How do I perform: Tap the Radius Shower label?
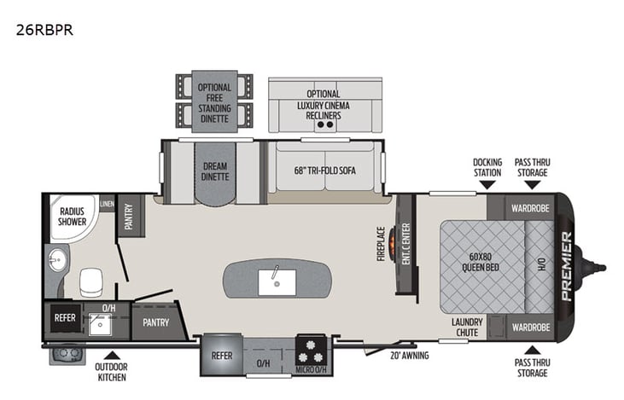click(72, 216)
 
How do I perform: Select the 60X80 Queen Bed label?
click(482, 260)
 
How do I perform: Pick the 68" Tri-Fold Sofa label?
click(325, 170)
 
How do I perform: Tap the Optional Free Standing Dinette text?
click(214, 102)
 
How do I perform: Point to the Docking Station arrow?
click(487, 184)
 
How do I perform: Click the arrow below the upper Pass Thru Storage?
click(532, 184)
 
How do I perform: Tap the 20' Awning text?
click(410, 356)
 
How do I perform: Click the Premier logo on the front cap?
click(567, 265)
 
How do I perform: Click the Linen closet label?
click(107, 203)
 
